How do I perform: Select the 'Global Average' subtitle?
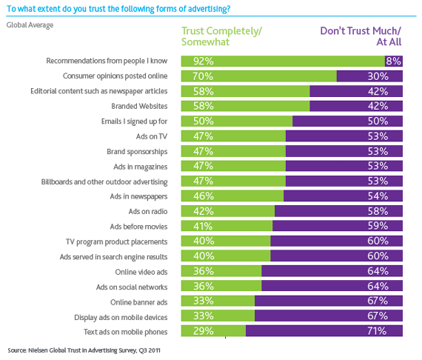pyautogui.click(x=30, y=24)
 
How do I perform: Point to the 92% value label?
pyautogui.click(x=203, y=61)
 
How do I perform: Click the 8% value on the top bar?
pyautogui.click(x=393, y=61)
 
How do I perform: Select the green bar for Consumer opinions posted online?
pyautogui.click(x=259, y=76)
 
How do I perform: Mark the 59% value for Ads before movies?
pyautogui.click(x=378, y=226)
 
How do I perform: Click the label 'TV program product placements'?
pyautogui.click(x=118, y=241)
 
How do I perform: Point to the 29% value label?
pyautogui.click(x=203, y=331)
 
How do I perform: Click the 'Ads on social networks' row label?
pyautogui.click(x=129, y=287)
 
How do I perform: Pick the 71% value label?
pyautogui.click(x=378, y=331)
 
